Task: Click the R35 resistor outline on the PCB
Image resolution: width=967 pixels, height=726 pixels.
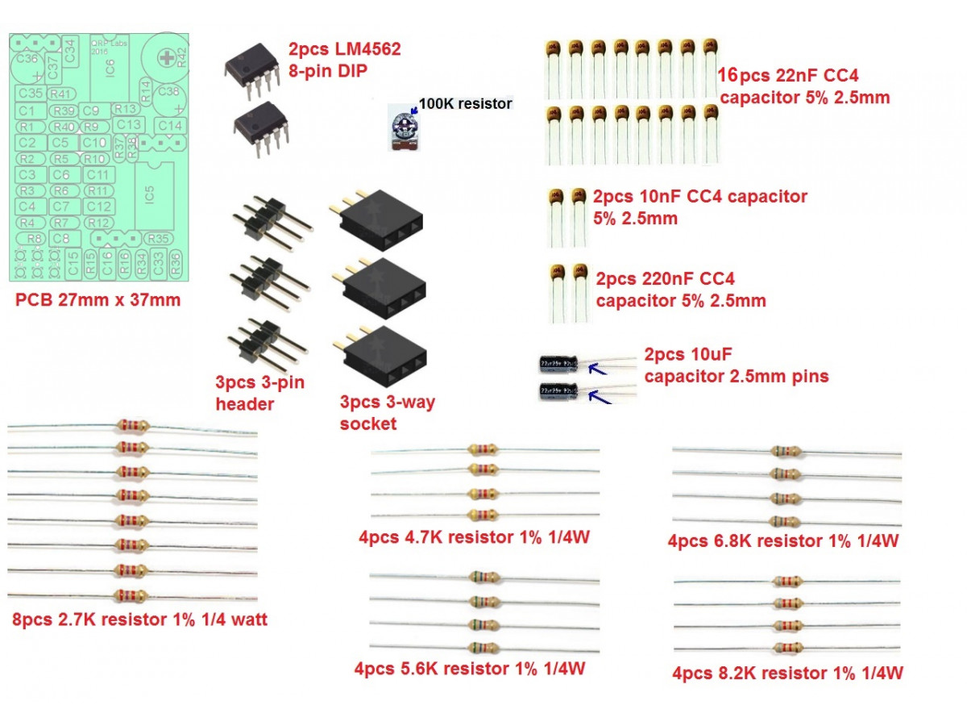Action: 159,239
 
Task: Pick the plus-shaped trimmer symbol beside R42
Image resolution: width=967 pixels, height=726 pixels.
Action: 166,57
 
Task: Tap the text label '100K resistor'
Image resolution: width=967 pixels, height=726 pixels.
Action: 465,104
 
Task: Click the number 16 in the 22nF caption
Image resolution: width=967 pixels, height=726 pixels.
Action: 728,77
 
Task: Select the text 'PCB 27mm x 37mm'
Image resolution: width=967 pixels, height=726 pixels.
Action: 98,302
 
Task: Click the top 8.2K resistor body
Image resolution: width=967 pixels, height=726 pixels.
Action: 786,581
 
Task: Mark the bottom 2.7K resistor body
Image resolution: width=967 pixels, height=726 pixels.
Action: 132,595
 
